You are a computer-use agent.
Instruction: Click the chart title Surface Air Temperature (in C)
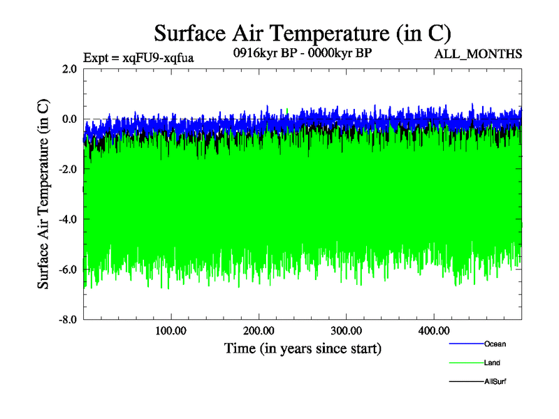coord(303,33)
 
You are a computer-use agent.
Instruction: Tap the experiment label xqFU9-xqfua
coord(138,58)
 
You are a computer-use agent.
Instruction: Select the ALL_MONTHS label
coord(479,54)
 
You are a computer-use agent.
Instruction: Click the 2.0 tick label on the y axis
coord(70,68)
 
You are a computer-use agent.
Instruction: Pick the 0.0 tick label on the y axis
coord(70,119)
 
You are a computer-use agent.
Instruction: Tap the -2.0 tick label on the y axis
coord(68,169)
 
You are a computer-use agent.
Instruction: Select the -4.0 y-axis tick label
coord(68,219)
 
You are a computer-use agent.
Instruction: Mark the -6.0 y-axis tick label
coord(68,270)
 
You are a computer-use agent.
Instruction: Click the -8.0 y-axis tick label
coord(68,320)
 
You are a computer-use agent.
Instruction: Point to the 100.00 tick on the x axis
coord(170,330)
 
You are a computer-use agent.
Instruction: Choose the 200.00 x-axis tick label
coord(259,330)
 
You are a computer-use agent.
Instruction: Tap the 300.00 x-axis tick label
coord(346,330)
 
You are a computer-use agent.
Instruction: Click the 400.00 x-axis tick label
coord(433,330)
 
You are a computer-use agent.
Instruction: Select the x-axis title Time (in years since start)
coord(303,348)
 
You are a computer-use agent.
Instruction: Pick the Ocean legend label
coord(495,344)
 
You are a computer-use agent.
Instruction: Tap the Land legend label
coord(492,363)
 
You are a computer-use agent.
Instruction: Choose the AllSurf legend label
coord(495,382)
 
